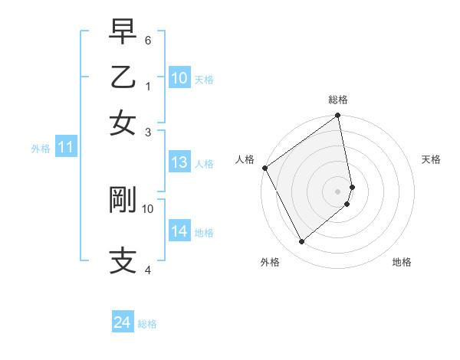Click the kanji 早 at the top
pyautogui.click(x=123, y=34)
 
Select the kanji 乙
pyautogui.click(x=123, y=77)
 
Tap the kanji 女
pyautogui.click(x=123, y=122)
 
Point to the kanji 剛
pyautogui.click(x=123, y=198)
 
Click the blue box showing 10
pyautogui.click(x=179, y=78)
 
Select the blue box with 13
pyautogui.click(x=179, y=162)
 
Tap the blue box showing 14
pyautogui.click(x=179, y=231)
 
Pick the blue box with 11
pyautogui.click(x=65, y=148)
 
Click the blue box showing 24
pyautogui.click(x=122, y=323)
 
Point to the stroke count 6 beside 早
pyautogui.click(x=148, y=40)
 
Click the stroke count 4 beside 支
pyautogui.click(x=148, y=270)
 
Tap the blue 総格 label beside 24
pyautogui.click(x=147, y=324)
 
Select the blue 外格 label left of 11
pyautogui.click(x=40, y=149)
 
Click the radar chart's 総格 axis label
pyautogui.click(x=338, y=100)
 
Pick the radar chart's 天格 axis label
pyautogui.click(x=432, y=159)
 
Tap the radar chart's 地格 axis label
pyautogui.click(x=402, y=262)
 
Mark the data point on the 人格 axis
pyautogui.click(x=264, y=168)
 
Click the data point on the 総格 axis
pyautogui.click(x=338, y=116)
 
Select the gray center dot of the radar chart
pyautogui.click(x=338, y=191)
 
